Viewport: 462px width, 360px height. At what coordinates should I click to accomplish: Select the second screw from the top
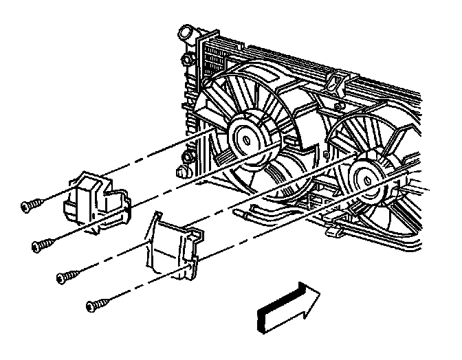click(x=45, y=243)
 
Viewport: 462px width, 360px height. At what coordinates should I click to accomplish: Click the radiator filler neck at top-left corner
click(x=185, y=33)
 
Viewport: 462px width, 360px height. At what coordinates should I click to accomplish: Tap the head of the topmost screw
click(x=24, y=205)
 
